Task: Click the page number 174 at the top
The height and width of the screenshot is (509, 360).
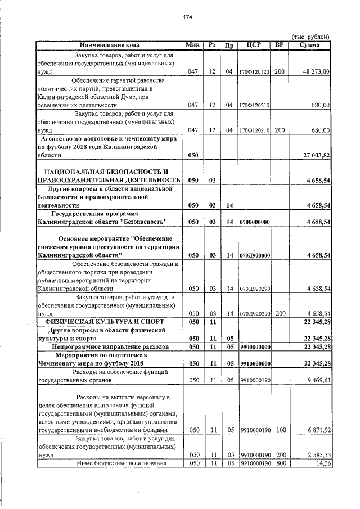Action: [188, 17]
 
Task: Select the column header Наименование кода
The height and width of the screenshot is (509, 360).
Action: [110, 44]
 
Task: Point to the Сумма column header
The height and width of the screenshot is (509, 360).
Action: [310, 44]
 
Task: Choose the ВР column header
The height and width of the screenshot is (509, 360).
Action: [280, 44]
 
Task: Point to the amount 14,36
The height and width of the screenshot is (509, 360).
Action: [322, 463]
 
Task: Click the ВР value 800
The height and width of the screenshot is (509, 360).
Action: [280, 463]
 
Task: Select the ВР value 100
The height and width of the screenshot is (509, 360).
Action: [280, 430]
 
